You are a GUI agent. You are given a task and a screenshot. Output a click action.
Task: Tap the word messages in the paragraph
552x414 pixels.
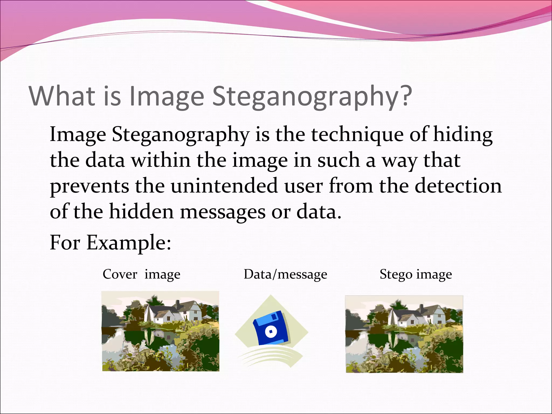click(222, 212)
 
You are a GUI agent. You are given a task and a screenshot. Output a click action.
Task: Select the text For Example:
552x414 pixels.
click(110, 242)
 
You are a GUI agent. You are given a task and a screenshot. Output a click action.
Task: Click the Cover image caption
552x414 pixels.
click(141, 275)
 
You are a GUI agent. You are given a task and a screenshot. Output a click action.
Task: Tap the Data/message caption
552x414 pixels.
click(285, 275)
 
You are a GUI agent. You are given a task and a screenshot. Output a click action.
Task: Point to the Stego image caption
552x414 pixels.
click(415, 275)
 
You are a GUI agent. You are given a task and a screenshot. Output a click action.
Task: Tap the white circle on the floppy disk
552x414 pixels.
click(271, 332)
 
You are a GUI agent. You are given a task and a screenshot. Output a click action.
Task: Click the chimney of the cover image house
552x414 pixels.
click(177, 305)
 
